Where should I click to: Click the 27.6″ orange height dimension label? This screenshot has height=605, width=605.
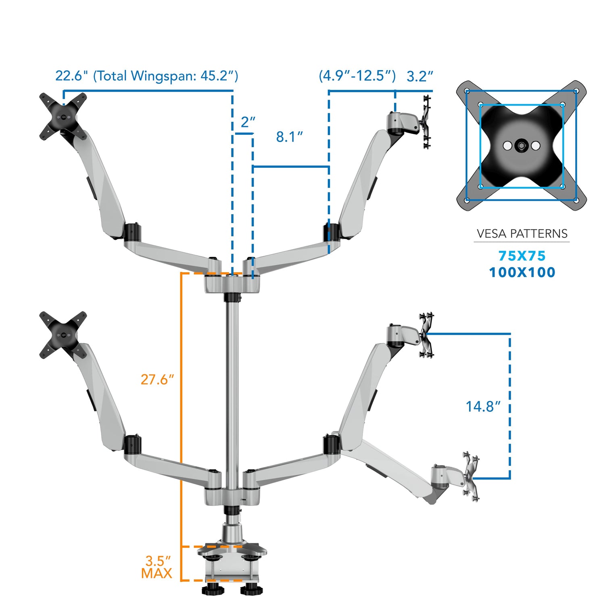(157, 380)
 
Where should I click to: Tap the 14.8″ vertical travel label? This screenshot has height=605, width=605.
(483, 407)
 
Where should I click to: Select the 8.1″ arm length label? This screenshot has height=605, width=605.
(289, 137)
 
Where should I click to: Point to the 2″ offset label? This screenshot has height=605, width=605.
(248, 122)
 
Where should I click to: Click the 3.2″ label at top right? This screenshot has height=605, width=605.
(420, 76)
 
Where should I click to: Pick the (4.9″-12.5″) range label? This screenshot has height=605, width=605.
(357, 76)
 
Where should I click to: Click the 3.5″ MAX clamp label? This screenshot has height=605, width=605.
(157, 567)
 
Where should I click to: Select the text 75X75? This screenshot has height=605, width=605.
(522, 256)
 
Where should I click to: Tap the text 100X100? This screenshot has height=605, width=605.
(522, 273)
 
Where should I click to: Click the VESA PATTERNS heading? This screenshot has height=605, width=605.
(522, 234)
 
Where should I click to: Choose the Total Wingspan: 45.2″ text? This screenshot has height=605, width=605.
(165, 76)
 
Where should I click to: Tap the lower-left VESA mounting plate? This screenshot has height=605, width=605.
(63, 335)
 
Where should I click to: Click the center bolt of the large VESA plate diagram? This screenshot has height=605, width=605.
(521, 146)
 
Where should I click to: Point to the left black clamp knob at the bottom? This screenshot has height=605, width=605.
(213, 590)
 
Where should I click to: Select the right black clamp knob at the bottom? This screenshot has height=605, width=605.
(251, 590)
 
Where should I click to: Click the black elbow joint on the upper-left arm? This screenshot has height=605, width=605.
(132, 232)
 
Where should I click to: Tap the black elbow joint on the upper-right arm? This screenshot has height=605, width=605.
(331, 232)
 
